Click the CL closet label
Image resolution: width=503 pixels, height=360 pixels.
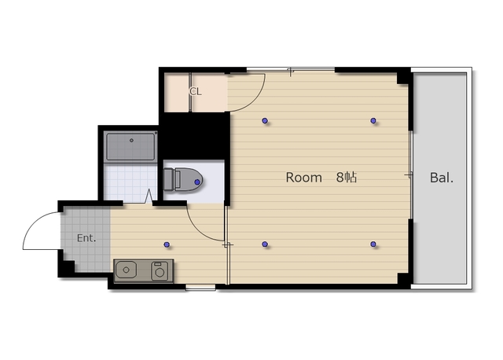(x=196, y=92)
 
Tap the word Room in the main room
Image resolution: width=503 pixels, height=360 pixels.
(x=304, y=178)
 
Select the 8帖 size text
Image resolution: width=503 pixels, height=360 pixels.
(x=347, y=177)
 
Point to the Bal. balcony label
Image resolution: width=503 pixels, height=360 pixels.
(x=442, y=178)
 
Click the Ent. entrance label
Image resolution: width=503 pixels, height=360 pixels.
(x=86, y=238)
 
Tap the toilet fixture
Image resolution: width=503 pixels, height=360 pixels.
(x=183, y=180)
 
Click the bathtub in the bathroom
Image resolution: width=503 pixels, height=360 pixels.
(x=131, y=147)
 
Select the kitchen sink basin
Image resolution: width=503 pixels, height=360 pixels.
(x=126, y=270)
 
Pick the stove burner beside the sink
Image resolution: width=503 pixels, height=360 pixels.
(x=160, y=271)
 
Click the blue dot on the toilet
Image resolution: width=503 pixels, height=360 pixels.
(x=197, y=182)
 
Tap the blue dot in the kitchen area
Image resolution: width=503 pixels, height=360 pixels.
(x=167, y=244)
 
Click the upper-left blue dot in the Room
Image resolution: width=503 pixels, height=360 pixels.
(x=265, y=120)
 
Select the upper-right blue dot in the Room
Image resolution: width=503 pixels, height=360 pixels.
(x=373, y=120)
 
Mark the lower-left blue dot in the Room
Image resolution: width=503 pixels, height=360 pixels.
(x=265, y=244)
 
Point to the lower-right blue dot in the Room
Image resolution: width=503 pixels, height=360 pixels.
(x=373, y=244)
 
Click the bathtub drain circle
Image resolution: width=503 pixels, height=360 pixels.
(x=131, y=140)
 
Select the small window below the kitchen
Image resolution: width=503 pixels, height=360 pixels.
(x=200, y=288)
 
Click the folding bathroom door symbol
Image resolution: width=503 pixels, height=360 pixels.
(x=149, y=196)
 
